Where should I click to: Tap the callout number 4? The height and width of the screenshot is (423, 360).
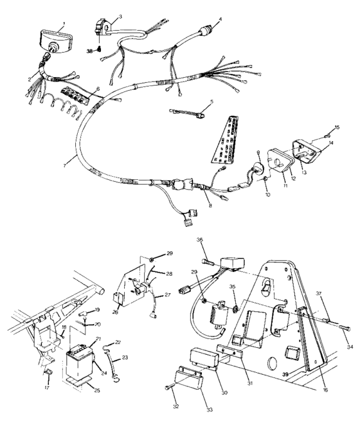(x=220, y=19)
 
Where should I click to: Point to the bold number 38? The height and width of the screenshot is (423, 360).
(x=91, y=49)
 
